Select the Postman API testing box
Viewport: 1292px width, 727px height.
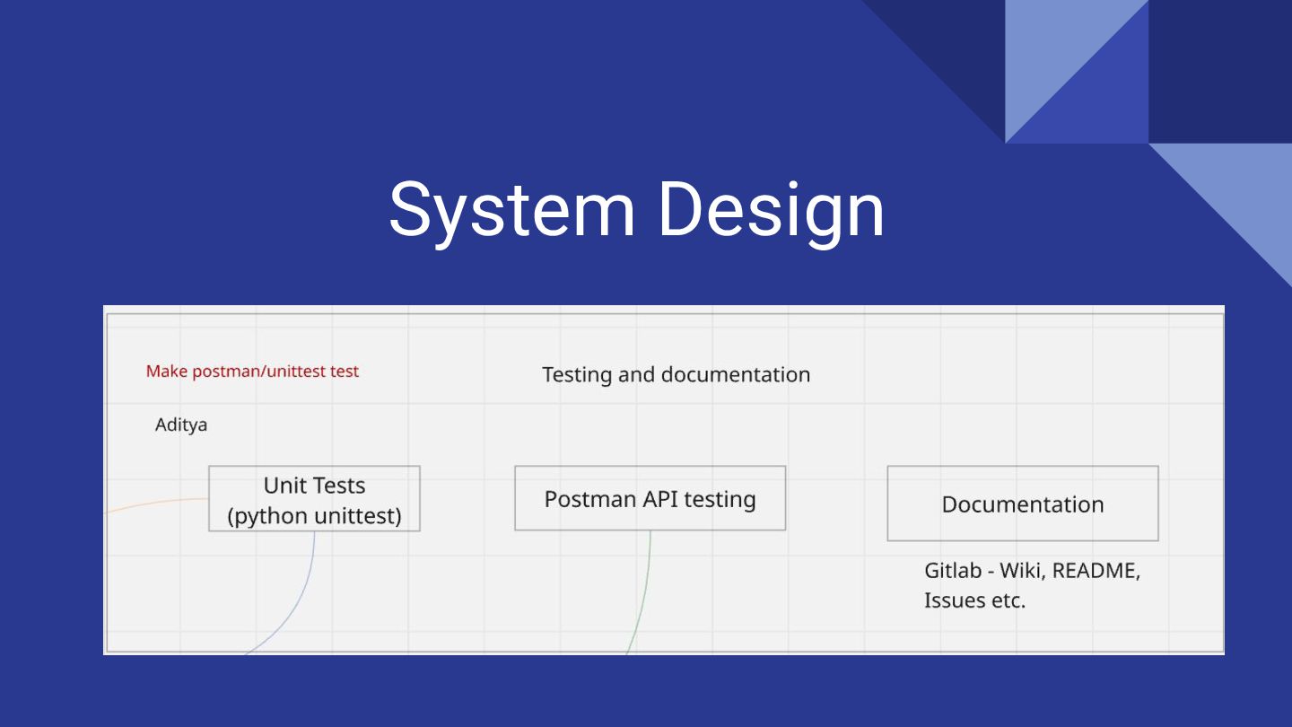pyautogui.click(x=650, y=498)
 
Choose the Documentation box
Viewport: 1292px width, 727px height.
pyautogui.click(x=1022, y=504)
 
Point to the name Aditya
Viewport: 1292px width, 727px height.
pyautogui.click(x=181, y=425)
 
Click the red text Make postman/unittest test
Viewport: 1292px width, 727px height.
pyautogui.click(x=252, y=371)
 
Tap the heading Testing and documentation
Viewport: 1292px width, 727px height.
pyautogui.click(x=676, y=374)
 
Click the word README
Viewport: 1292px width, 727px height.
pyautogui.click(x=1096, y=571)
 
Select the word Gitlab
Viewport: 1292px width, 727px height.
pyautogui.click(x=952, y=571)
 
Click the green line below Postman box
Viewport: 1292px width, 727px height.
pyautogui.click(x=643, y=592)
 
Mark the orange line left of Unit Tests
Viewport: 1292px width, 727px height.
pyautogui.click(x=157, y=503)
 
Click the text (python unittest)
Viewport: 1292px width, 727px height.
pyautogui.click(x=314, y=516)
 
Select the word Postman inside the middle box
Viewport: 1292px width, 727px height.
pyautogui.click(x=589, y=499)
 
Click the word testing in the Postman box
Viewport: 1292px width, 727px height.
pyautogui.click(x=720, y=499)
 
